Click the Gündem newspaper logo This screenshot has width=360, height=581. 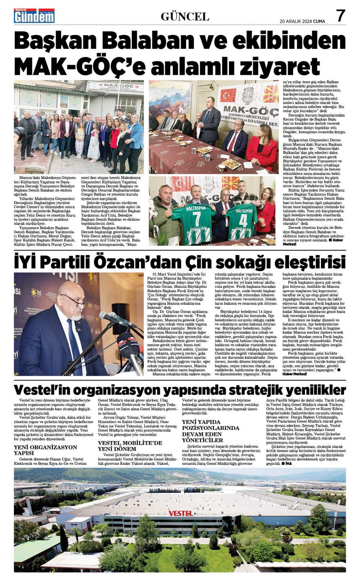pyautogui.click(x=34, y=16)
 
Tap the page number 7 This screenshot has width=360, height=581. pyautogui.click(x=340, y=16)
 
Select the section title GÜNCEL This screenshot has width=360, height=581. pyautogui.click(x=185, y=17)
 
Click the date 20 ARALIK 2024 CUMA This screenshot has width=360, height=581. pyautogui.click(x=302, y=21)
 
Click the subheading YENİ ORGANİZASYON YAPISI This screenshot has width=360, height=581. pyautogui.click(x=45, y=450)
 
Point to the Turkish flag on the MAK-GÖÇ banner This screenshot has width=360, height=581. pyautogui.click(x=229, y=96)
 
